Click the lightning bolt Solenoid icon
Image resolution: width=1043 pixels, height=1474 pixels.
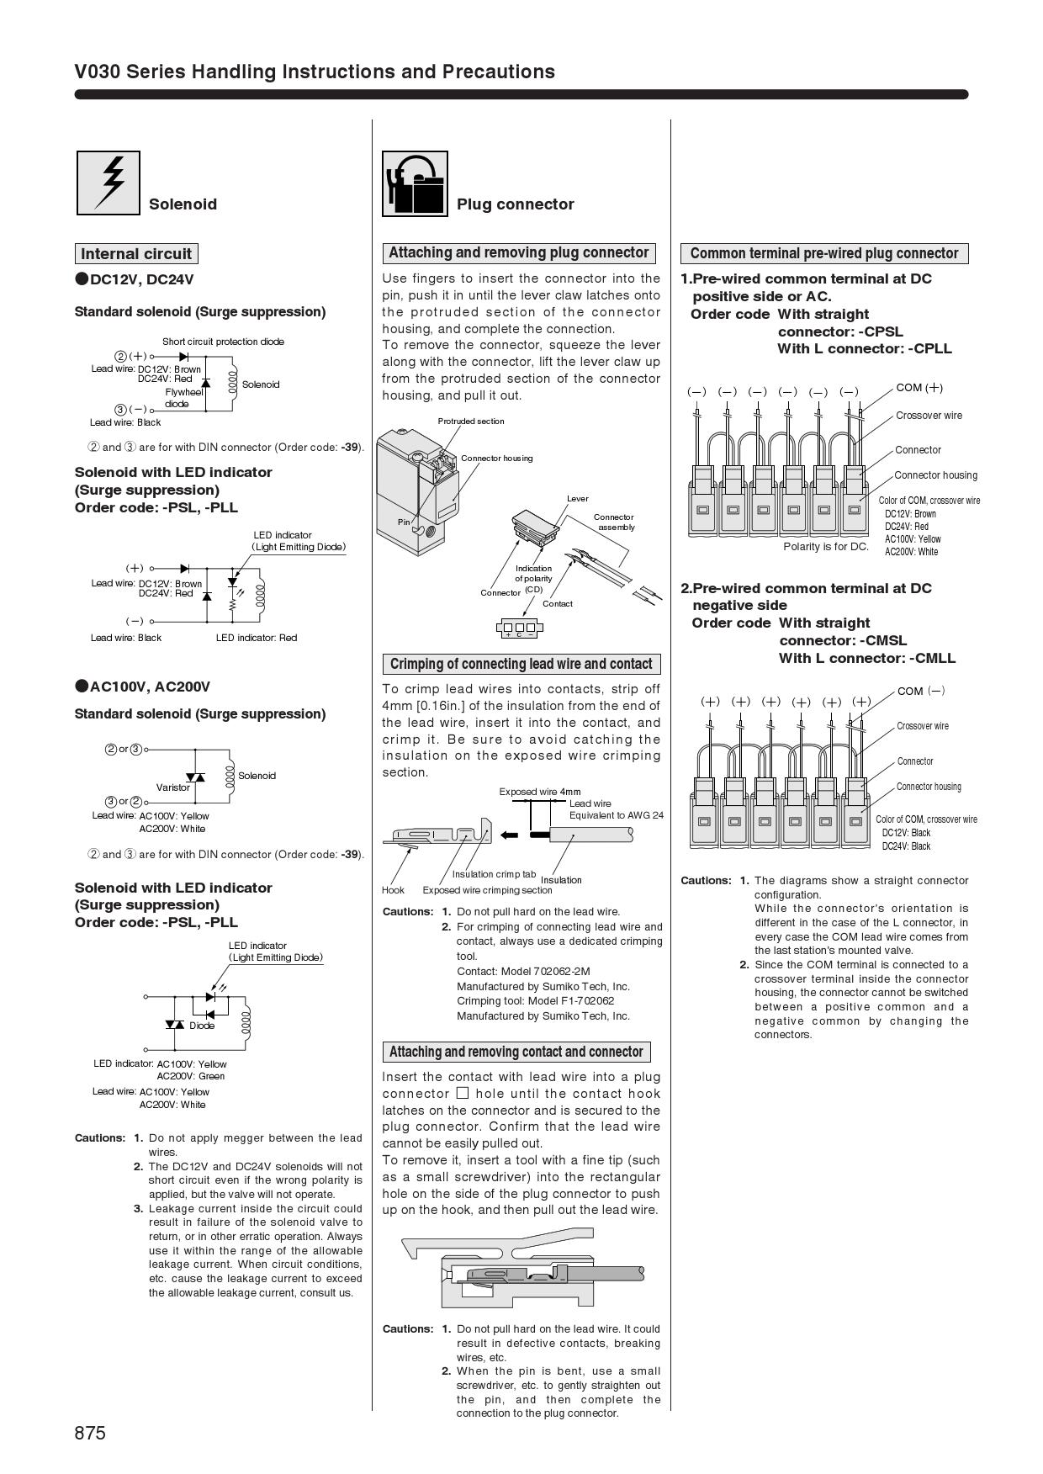[109, 183]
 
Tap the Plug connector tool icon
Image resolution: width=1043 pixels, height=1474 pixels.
[415, 183]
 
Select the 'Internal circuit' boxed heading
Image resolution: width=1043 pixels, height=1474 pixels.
[136, 254]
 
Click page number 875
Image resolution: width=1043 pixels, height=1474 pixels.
[90, 1433]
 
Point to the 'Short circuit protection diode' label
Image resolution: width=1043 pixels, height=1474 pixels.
[223, 342]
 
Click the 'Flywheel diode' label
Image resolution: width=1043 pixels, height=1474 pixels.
[183, 398]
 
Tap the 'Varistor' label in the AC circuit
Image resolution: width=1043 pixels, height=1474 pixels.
[173, 787]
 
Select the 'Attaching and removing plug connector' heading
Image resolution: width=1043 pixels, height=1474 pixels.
[518, 252]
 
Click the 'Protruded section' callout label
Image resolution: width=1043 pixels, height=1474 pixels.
[471, 421]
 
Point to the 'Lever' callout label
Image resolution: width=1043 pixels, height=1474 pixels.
[578, 498]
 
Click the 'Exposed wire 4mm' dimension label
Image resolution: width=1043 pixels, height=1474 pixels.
[540, 792]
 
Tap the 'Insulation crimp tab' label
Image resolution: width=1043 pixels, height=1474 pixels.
[494, 874]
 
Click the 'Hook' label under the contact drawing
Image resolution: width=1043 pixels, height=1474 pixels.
[393, 890]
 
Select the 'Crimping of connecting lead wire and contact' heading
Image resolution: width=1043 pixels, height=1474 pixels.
[521, 664]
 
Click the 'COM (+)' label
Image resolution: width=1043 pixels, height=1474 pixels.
[919, 388]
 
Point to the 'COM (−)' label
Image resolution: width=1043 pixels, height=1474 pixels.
[921, 691]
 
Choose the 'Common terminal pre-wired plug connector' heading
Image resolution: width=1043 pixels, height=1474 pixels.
[823, 253]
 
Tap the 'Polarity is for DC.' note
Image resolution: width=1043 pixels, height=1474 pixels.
[826, 547]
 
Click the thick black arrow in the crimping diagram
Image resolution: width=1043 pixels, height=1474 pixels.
[509, 835]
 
